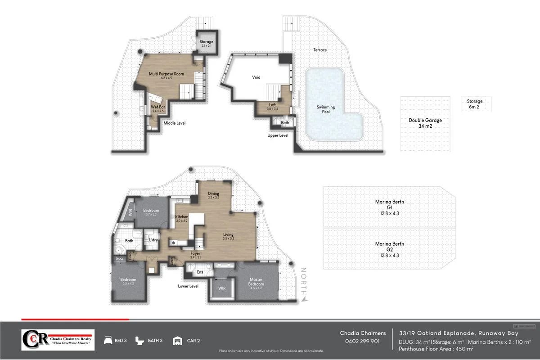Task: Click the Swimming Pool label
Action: coord(326,109)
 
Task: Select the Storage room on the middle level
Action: coord(207,44)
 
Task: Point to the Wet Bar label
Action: coord(157,108)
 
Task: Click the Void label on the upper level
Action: coord(256,77)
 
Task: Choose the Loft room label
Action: coord(273,107)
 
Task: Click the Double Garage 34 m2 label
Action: coord(425,123)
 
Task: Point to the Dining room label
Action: coord(213,195)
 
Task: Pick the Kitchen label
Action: coord(181,219)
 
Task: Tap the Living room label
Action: coord(229,236)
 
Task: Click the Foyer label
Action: coord(195,255)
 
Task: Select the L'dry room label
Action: coord(153,241)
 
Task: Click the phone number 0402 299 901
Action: coord(363,341)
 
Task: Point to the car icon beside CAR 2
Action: coord(178,341)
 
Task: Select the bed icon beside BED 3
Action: coord(108,341)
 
